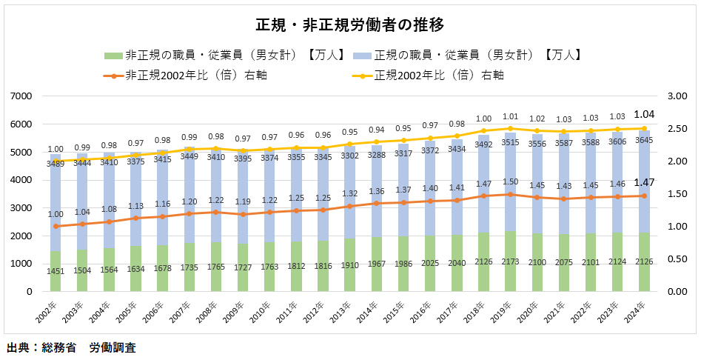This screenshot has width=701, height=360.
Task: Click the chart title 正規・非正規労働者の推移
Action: click(349, 25)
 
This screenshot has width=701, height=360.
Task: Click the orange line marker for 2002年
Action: click(56, 226)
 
